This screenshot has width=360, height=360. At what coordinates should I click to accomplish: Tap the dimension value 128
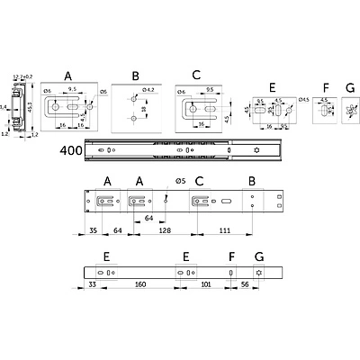tap(166, 229)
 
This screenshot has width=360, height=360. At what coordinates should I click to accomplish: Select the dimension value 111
tap(222, 229)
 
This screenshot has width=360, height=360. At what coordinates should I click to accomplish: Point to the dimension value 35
tap(94, 229)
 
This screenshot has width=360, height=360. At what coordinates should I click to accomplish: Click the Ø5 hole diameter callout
tap(181, 181)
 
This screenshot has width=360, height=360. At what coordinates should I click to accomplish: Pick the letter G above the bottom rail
tap(259, 256)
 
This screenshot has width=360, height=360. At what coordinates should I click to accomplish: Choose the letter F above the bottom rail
tap(231, 256)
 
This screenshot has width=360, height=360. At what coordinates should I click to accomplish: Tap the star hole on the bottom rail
tap(259, 274)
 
